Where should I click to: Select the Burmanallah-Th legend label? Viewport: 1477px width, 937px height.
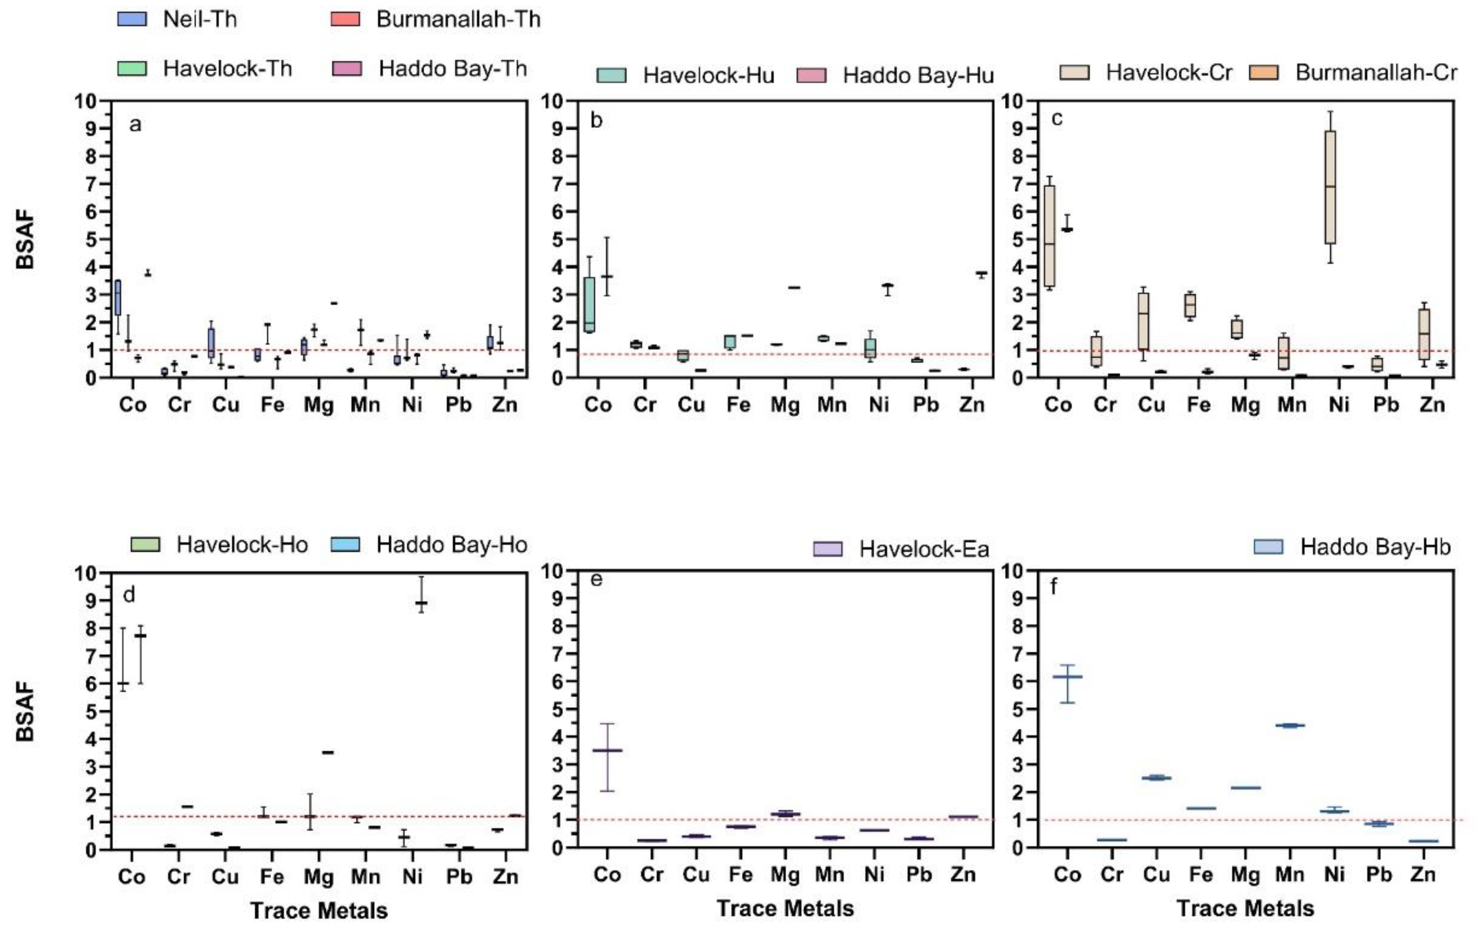coord(458,19)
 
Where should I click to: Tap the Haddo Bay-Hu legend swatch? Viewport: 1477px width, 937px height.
coord(811,76)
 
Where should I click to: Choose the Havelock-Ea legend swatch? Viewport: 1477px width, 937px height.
coord(827,548)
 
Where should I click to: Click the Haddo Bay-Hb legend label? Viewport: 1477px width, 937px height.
coord(1375,546)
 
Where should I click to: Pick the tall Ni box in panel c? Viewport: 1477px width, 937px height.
coord(1330,187)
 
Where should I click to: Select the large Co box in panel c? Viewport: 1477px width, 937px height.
coord(1050,236)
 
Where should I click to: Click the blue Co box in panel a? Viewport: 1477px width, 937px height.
coord(118,297)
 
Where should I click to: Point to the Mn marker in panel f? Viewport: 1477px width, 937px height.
coord(1290,725)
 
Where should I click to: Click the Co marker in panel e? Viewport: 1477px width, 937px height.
coord(607,750)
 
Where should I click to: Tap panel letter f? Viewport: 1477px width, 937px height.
coord(1054,587)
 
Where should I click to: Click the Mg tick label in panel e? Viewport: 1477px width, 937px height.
coord(784,874)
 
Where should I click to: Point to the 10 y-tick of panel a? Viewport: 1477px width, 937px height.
coord(87,101)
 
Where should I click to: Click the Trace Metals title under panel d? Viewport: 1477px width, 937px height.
coord(319,910)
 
